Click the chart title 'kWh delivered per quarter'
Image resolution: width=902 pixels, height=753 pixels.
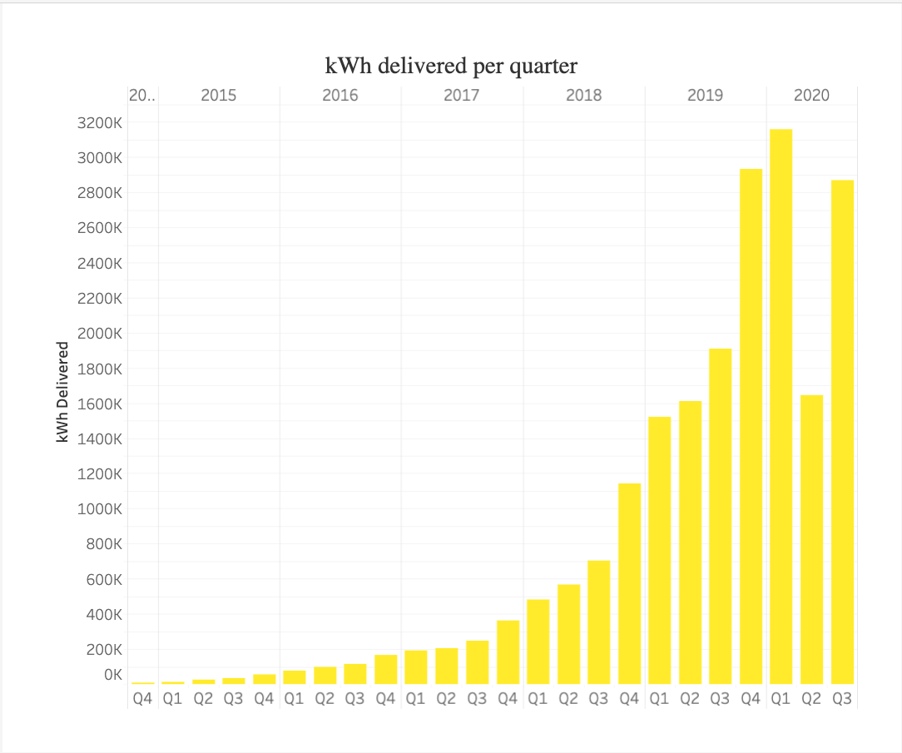451,65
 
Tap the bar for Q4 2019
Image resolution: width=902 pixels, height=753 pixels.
751,426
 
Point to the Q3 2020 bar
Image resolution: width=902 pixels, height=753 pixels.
842,432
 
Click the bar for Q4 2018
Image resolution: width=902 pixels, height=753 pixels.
629,583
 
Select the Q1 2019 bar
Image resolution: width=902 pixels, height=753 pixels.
659,550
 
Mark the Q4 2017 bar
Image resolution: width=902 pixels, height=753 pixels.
508,652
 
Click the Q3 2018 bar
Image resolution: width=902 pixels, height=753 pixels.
598,622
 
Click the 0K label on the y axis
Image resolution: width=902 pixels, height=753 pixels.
112,675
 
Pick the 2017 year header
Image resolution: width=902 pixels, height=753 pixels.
461,95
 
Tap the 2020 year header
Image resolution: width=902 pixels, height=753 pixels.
811,95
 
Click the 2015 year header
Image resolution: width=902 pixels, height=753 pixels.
218,95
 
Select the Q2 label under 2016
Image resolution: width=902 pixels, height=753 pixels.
325,699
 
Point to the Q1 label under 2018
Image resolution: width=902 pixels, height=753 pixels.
538,699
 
